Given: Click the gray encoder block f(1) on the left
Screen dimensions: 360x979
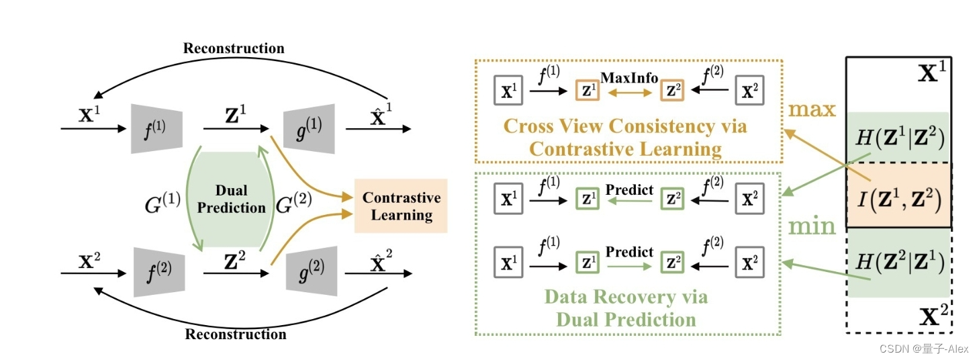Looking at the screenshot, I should point(156,128).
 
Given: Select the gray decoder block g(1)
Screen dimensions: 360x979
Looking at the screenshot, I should point(311,128).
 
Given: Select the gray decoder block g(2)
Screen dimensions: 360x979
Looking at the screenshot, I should point(311,272).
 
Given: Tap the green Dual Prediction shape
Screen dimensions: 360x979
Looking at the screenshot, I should point(231,199).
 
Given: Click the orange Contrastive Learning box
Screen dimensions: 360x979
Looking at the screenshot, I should point(401,206).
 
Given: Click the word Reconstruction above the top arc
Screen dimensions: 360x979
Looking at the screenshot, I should point(234,48).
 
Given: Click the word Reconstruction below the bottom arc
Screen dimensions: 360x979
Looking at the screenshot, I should point(235,334).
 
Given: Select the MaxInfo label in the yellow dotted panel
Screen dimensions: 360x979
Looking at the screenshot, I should point(628,78).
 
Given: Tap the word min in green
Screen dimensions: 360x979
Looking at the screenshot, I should point(811,227).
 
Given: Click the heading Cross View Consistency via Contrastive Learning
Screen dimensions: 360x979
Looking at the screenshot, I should point(625,137).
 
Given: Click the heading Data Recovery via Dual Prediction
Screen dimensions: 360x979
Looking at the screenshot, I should point(625,307).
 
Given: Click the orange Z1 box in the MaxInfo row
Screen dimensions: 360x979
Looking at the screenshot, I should point(587,91).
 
